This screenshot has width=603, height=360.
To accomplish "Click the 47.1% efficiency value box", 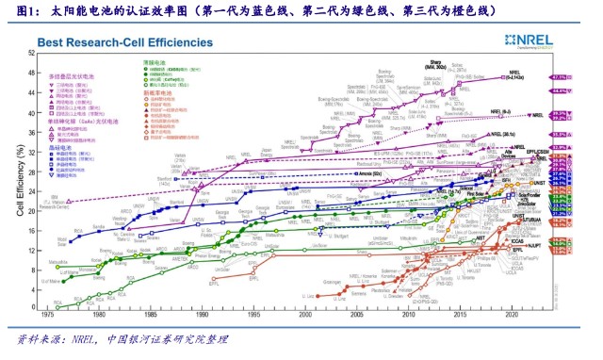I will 563,76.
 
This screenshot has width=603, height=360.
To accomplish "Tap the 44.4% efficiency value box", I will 563,90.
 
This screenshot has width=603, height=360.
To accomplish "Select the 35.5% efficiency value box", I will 563,135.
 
